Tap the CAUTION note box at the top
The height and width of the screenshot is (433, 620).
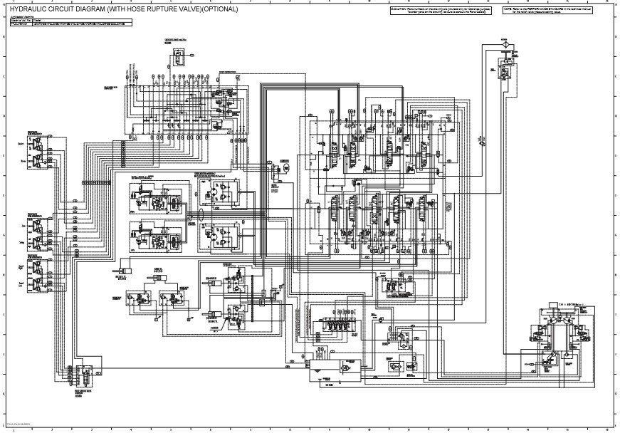click(x=441, y=11)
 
